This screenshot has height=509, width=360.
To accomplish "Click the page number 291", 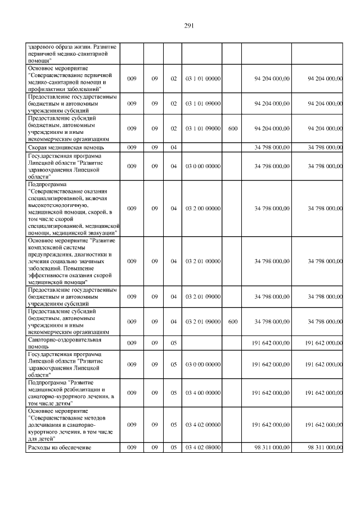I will pyautogui.click(x=189, y=25).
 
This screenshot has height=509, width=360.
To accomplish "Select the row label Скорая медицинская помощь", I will pyautogui.click(x=60, y=147).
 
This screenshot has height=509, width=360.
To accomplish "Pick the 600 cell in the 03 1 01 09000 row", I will pyautogui.click(x=233, y=129).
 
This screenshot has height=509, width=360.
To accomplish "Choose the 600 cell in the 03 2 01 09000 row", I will pyautogui.click(x=233, y=322).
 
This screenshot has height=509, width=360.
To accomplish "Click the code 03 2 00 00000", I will pyautogui.click(x=202, y=209).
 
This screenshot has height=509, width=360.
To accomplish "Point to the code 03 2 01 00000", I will pyautogui.click(x=202, y=261).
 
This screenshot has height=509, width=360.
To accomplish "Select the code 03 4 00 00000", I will pyautogui.click(x=202, y=393).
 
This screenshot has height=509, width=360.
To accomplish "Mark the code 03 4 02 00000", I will pyautogui.click(x=202, y=425).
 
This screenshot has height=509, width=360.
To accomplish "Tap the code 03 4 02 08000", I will pyautogui.click(x=202, y=447).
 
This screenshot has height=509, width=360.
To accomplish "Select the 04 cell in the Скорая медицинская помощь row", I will pyautogui.click(x=173, y=147).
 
